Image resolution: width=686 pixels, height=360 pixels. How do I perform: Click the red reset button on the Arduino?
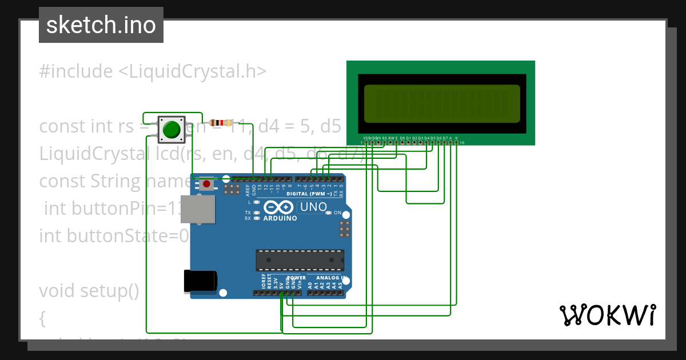click(206, 184)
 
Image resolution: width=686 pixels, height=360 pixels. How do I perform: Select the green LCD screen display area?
click(442, 103)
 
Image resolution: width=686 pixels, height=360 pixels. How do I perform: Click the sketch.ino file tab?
click(101, 25)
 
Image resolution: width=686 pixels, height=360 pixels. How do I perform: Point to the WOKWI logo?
click(607, 315)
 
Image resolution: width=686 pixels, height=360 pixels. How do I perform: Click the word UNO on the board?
click(313, 206)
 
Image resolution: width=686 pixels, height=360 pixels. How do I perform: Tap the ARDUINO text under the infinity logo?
click(280, 218)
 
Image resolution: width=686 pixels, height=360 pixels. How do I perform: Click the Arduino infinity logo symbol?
click(280, 207)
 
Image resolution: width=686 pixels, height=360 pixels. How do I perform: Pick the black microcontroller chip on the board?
click(300, 260)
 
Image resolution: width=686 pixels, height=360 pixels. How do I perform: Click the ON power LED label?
click(337, 213)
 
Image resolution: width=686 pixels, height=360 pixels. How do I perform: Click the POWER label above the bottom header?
click(296, 278)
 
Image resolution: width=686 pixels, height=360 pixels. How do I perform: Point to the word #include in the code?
click(76, 71)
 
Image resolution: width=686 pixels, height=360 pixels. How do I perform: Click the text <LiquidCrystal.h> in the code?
click(192, 71)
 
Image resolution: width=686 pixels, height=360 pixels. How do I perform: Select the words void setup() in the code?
click(89, 291)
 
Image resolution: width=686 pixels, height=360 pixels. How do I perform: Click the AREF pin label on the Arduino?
click(248, 189)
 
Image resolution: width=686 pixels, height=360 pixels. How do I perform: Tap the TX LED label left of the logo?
click(248, 213)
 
